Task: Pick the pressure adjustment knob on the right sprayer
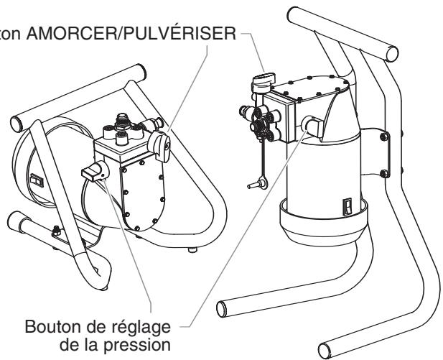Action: click(x=311, y=124)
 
